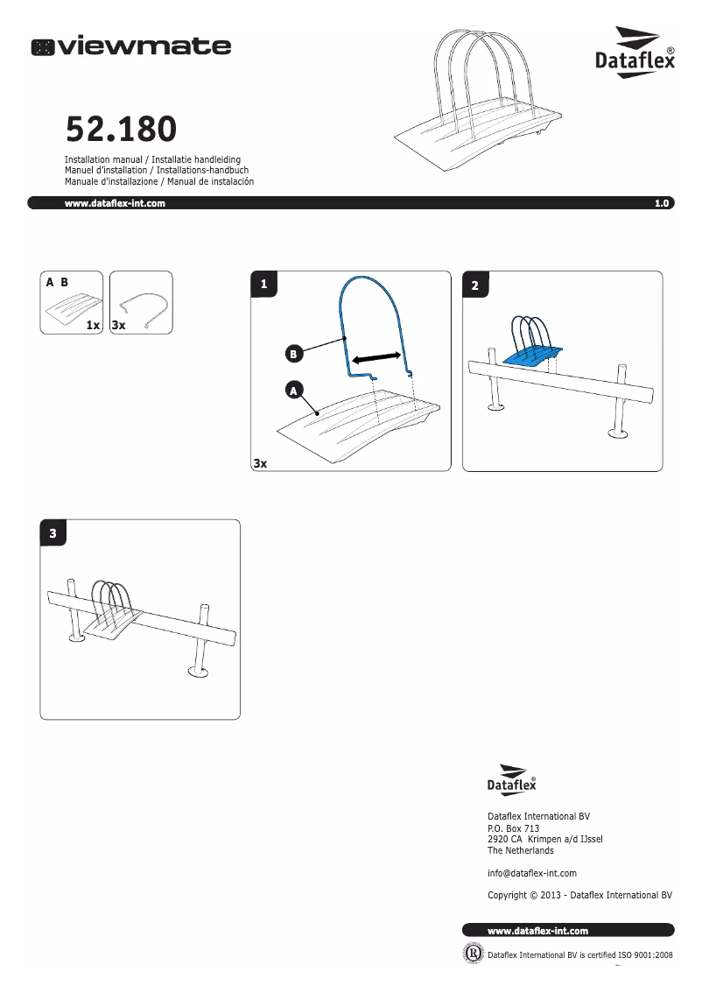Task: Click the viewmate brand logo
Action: click(131, 46)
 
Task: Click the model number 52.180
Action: click(122, 130)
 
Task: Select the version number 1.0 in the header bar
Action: click(661, 203)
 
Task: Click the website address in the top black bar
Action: click(116, 203)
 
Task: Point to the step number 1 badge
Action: click(263, 284)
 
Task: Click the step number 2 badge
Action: click(474, 285)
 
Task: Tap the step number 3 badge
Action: click(53, 532)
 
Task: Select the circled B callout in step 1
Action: click(295, 354)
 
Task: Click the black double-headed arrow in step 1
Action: click(376, 357)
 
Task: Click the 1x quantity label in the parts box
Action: click(94, 325)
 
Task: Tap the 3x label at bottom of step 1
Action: click(259, 463)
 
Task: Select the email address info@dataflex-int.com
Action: click(531, 873)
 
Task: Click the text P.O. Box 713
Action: click(513, 827)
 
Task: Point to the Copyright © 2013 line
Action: click(579, 895)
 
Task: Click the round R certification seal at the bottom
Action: click(472, 954)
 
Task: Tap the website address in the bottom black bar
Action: click(537, 930)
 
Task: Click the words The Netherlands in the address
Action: click(520, 850)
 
